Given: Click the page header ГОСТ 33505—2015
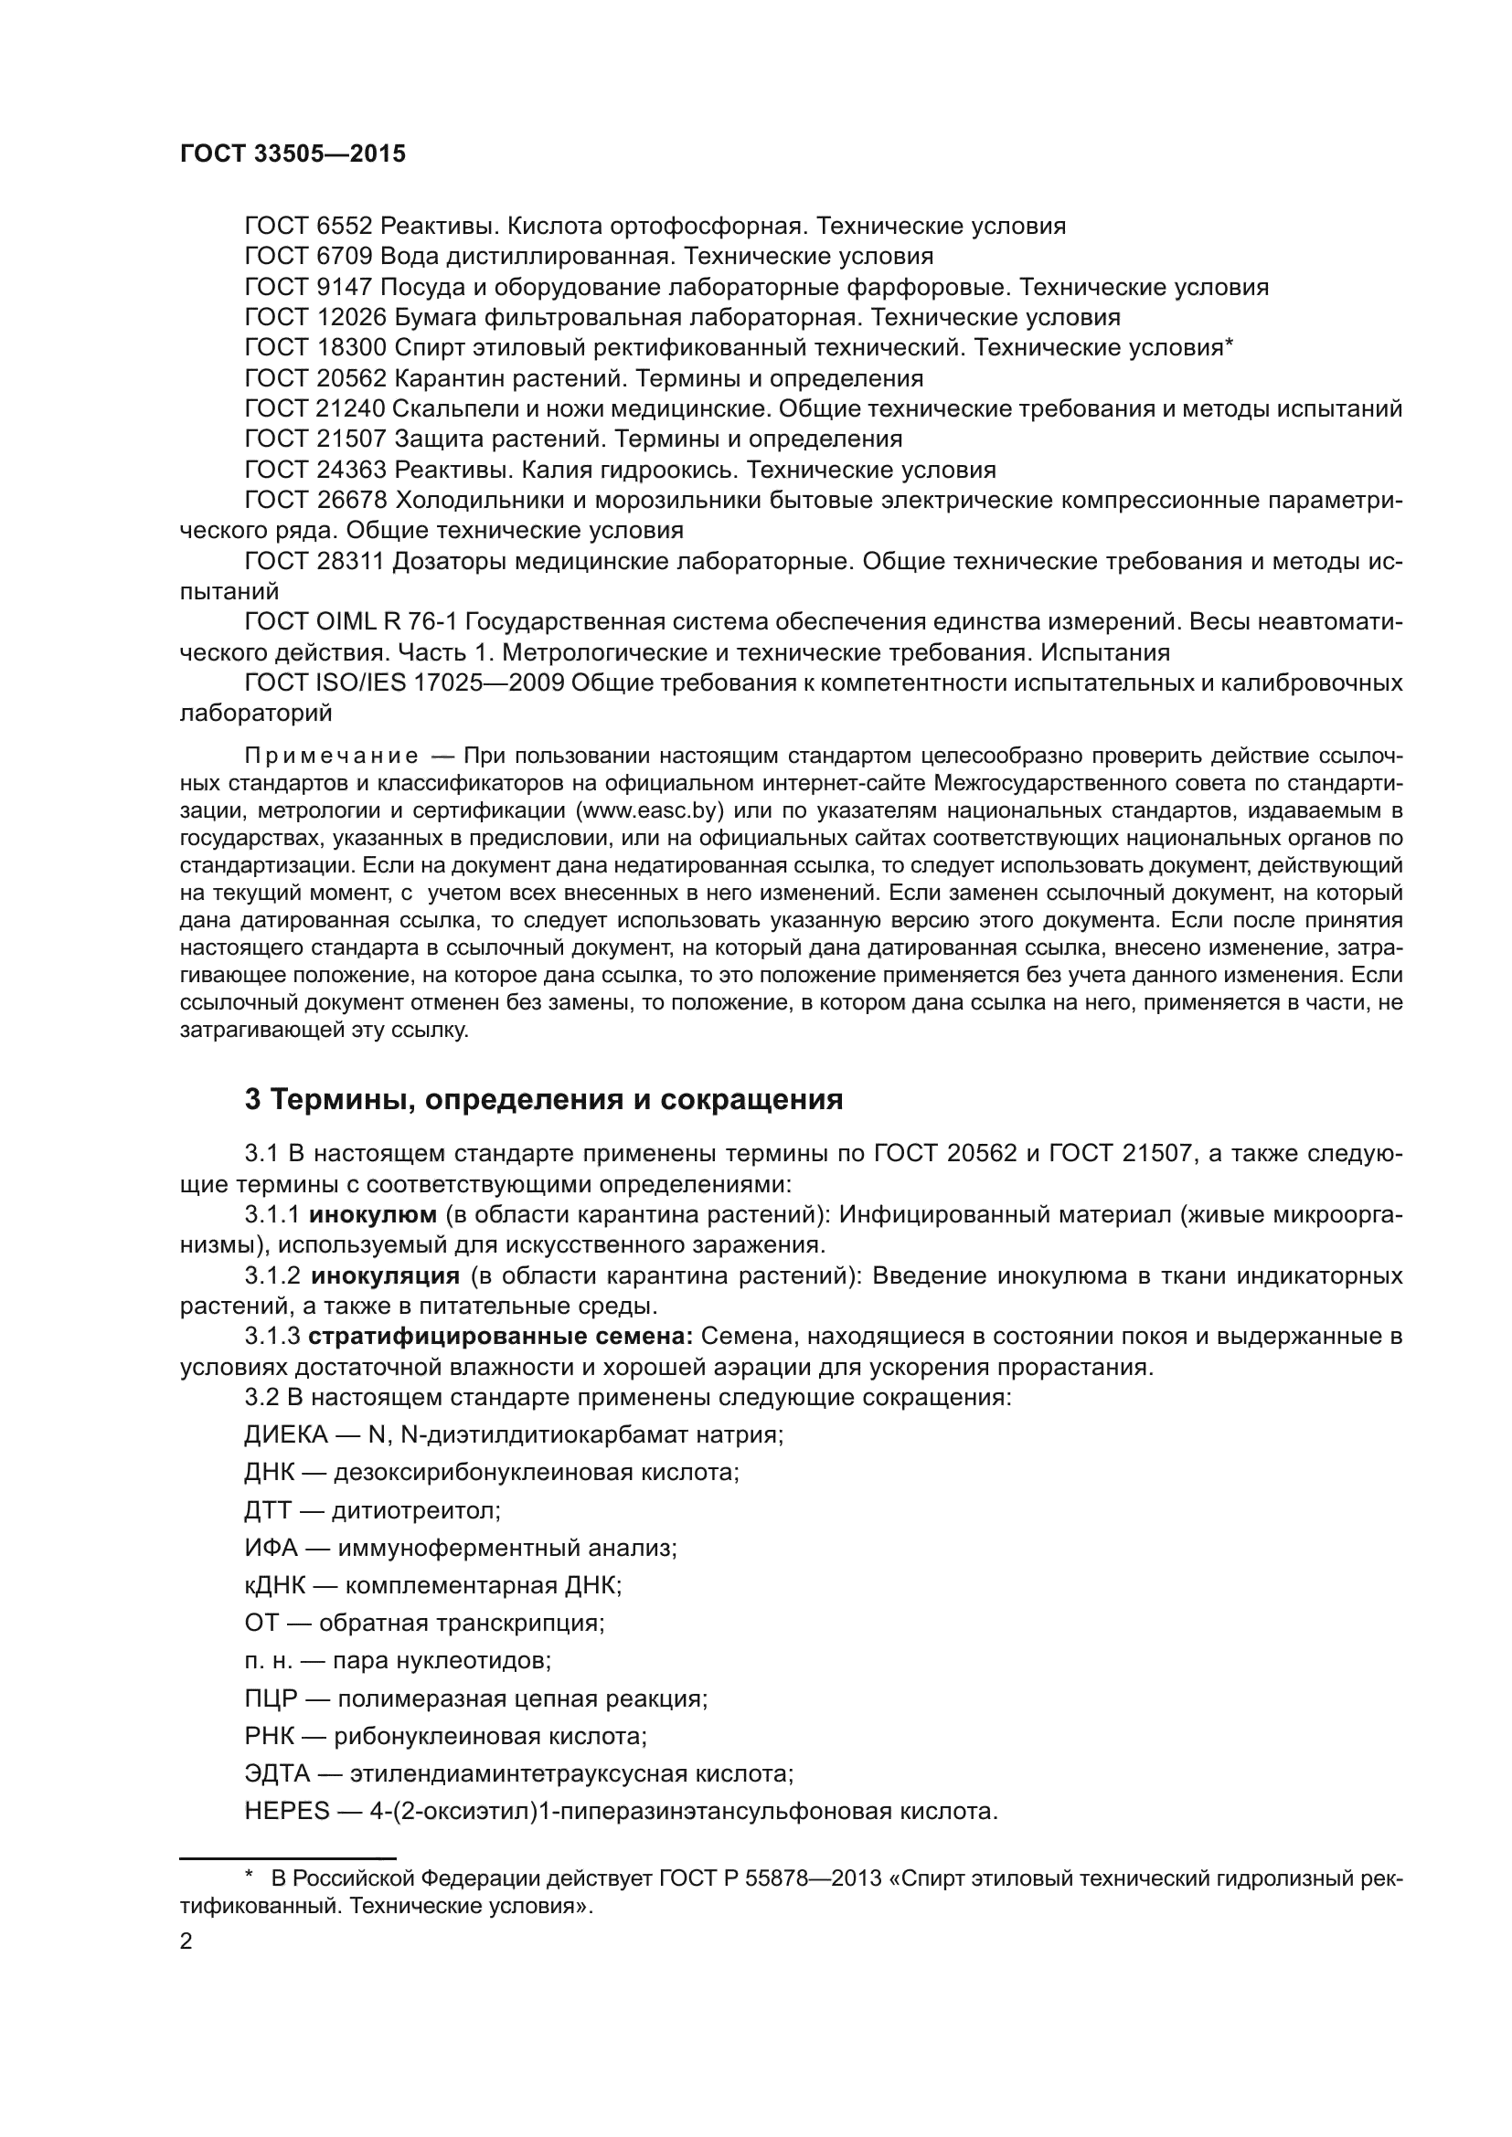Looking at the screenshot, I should click(293, 154).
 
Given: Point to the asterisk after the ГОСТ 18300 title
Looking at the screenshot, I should click(1229, 345).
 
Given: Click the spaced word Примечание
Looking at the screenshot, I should click(331, 755).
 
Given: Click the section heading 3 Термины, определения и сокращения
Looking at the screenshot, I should click(544, 1100).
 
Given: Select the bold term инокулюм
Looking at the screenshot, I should click(372, 1214).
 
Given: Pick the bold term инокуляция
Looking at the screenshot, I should click(385, 1275).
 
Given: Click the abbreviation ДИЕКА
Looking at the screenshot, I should click(286, 1434).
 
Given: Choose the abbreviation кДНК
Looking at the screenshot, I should click(274, 1585).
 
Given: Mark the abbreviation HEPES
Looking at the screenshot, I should click(287, 1811).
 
